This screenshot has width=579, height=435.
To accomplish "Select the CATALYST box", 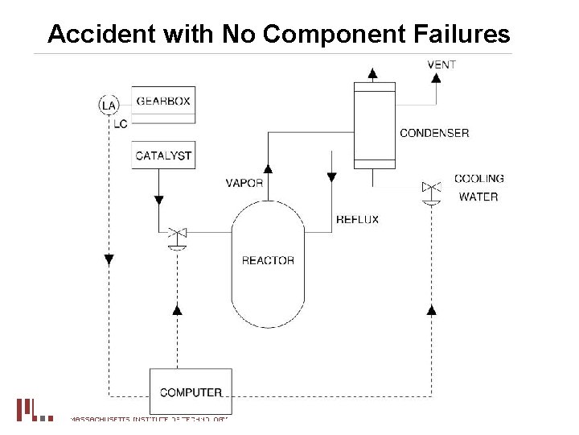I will [163, 155].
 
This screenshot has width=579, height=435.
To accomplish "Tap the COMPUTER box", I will [191, 392].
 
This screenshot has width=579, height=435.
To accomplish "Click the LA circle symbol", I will [109, 105].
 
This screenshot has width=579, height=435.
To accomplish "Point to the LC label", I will [120, 123].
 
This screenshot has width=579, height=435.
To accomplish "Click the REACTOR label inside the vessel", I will [268, 260].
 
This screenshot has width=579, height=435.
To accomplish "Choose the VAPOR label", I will [244, 183].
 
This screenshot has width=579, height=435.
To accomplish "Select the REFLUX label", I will [357, 219].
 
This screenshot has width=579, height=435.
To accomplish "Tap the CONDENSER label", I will [434, 133].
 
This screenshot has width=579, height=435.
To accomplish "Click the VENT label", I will [441, 64].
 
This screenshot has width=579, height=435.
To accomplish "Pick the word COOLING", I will [479, 179].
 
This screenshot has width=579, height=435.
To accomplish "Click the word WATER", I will [478, 197].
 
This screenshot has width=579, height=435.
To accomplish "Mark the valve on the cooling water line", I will [432, 188].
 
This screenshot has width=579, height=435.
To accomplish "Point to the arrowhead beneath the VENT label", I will [436, 78].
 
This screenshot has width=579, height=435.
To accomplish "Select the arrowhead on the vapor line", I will [269, 168].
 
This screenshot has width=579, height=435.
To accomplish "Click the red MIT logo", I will [33, 409].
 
